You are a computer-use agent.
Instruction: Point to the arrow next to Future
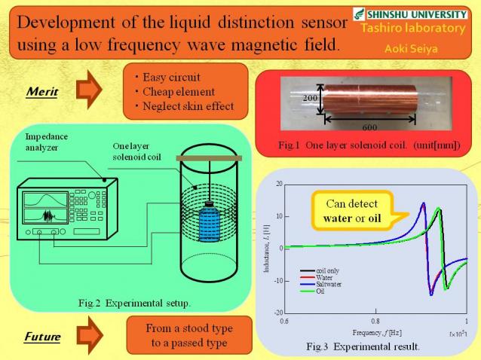click(89, 336)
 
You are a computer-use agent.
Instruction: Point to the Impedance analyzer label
click(46, 142)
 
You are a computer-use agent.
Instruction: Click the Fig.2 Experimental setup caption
click(134, 304)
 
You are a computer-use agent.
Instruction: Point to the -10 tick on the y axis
click(277, 280)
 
